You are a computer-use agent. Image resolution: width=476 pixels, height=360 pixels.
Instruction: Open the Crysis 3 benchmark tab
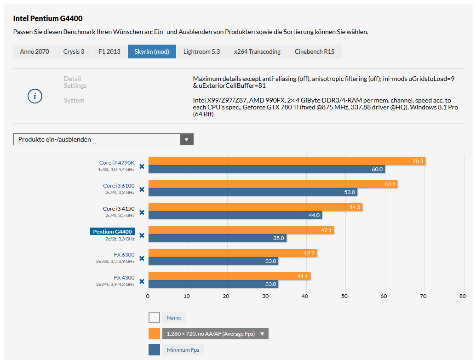74,51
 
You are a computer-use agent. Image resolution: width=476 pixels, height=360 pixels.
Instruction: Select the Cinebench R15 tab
315,51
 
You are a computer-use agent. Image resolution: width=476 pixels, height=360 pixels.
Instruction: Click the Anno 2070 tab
34,51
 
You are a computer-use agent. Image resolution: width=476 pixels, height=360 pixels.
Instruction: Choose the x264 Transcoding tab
257,51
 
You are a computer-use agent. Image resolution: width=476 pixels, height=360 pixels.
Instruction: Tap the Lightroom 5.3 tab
201,51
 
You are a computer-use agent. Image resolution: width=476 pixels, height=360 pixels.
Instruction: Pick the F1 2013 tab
109,51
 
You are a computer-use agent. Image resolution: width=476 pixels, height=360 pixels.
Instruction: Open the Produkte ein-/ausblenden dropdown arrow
186,139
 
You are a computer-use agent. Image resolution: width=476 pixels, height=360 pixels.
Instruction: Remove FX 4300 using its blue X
142,281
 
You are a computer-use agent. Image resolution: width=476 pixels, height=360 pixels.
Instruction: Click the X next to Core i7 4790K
142,166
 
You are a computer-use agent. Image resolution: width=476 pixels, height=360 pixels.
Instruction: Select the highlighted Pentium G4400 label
112,231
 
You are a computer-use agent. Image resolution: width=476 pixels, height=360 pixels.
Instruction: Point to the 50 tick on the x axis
344,296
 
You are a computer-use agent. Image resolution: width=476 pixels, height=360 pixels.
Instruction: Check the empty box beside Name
154,318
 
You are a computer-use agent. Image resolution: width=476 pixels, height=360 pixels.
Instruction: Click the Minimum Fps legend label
183,350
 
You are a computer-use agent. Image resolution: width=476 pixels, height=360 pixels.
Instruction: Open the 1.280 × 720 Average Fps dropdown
215,334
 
